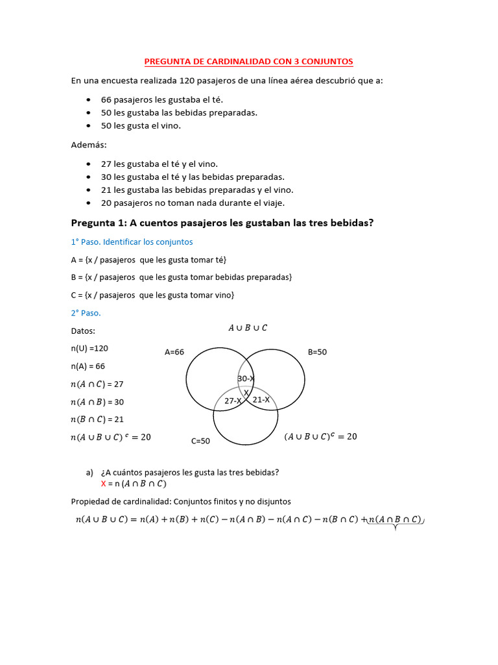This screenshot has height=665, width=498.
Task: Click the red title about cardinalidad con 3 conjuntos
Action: [248, 62]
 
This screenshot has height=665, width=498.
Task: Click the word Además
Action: [89, 144]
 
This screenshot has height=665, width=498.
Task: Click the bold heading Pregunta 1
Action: [222, 223]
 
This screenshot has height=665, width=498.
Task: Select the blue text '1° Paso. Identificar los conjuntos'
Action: [132, 242]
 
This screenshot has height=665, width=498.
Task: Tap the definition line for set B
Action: [182, 277]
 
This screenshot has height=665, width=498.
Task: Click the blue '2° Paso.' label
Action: [86, 312]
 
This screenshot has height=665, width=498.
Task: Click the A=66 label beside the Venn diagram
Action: [174, 352]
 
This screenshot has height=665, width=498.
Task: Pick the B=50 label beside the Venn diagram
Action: [317, 352]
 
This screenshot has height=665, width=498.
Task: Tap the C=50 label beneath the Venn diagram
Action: [200, 441]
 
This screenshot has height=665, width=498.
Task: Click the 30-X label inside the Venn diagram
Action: [246, 379]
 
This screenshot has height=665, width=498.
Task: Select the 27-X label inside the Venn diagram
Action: [233, 401]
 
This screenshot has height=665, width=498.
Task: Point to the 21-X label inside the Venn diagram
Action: [261, 400]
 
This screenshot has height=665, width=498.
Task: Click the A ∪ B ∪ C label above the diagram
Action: [247, 328]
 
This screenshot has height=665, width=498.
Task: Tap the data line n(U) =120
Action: [89, 348]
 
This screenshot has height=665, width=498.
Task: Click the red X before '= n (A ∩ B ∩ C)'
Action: [103, 484]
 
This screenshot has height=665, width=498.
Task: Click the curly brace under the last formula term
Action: [395, 527]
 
